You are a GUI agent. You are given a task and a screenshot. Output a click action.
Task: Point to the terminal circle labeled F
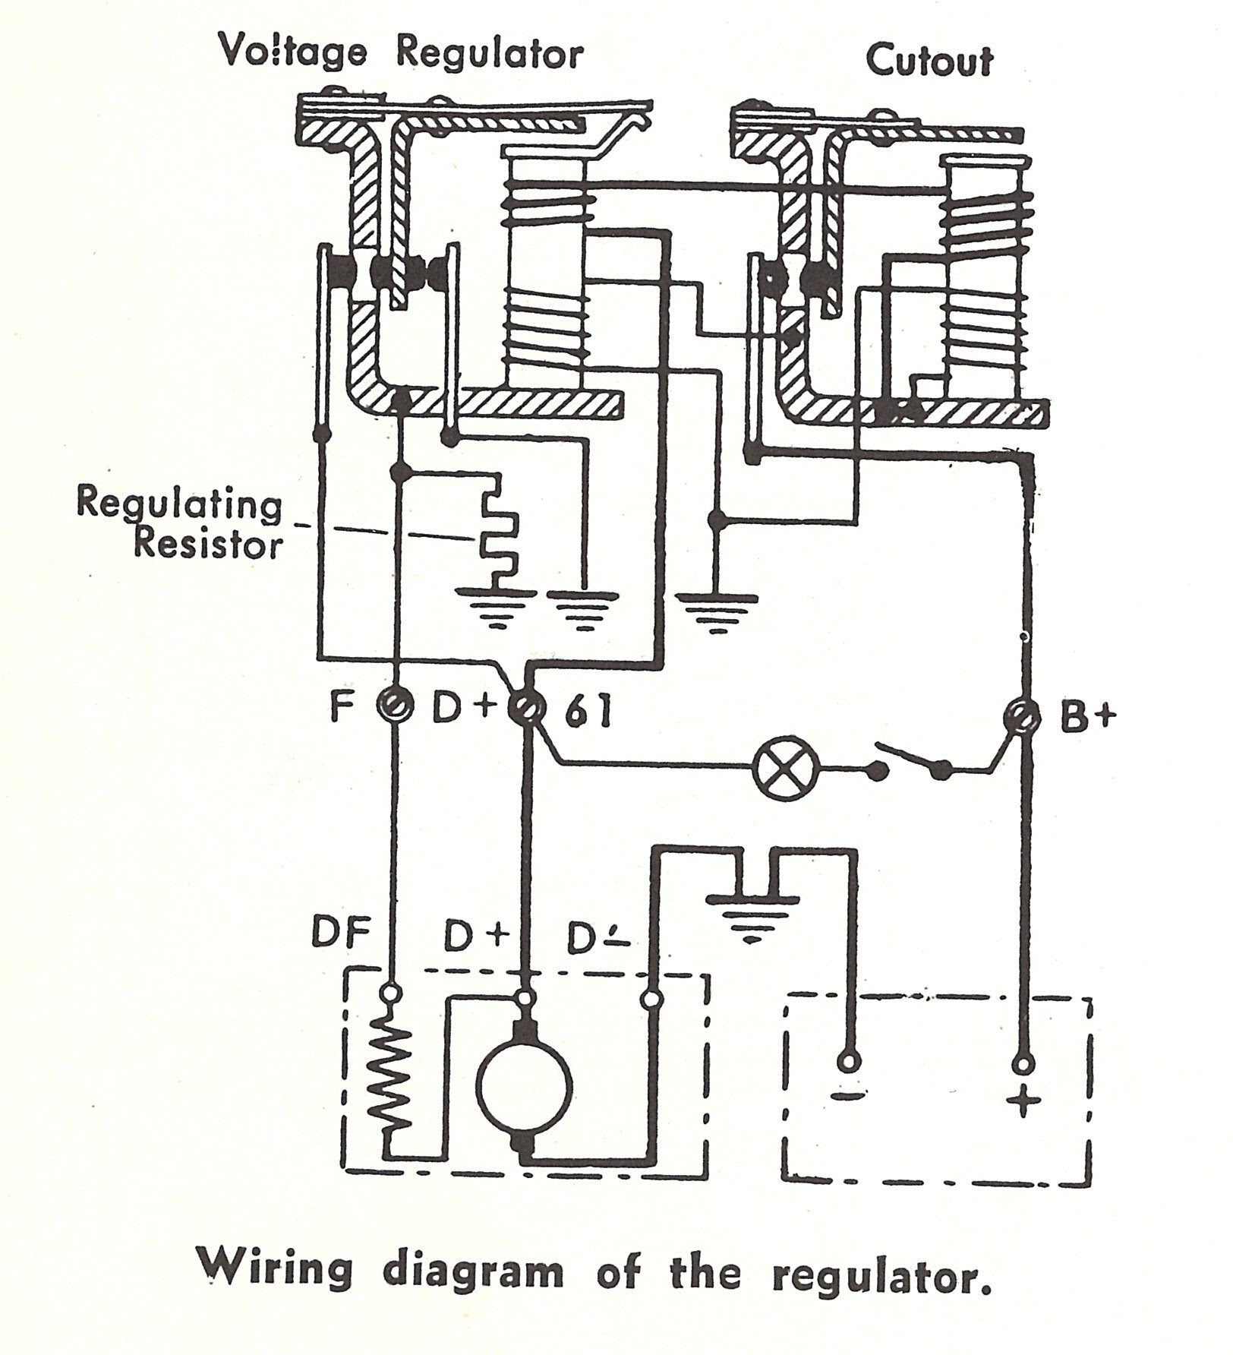tap(394, 707)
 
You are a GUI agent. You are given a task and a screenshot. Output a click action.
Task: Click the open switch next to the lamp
tap(912, 763)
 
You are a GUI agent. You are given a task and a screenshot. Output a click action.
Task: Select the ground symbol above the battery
tap(752, 911)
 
